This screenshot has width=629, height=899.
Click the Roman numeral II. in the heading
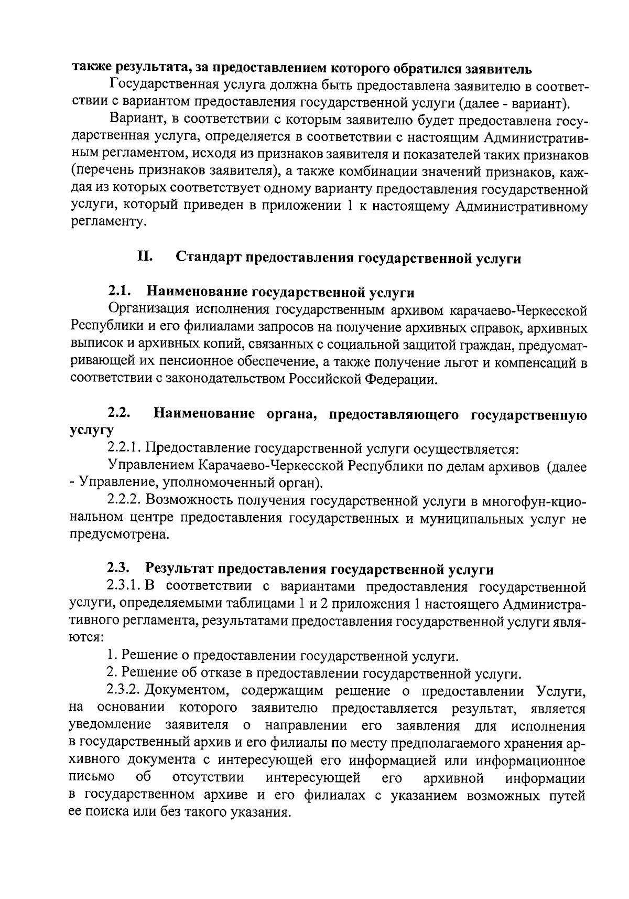click(145, 257)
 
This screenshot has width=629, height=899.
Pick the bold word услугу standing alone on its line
click(92, 431)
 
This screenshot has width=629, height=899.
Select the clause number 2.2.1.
click(124, 448)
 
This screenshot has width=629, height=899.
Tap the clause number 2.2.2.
click(124, 500)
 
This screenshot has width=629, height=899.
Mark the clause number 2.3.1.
click(124, 586)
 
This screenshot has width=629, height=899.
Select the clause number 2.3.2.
click(124, 691)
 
